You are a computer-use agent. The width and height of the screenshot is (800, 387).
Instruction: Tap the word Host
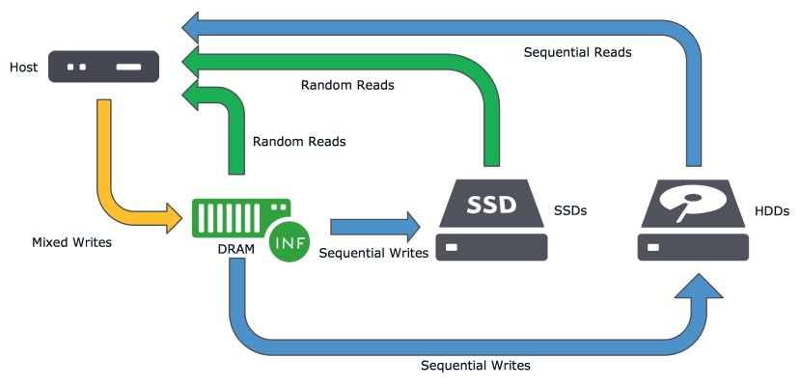[24, 69]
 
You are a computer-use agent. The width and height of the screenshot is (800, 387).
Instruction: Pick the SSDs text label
[570, 208]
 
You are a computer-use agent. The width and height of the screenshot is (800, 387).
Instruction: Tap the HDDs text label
[773, 208]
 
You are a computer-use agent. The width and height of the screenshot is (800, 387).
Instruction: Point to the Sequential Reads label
[577, 52]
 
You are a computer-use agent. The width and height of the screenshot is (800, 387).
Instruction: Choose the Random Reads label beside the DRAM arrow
[299, 141]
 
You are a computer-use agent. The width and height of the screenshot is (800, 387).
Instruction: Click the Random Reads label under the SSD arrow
[347, 85]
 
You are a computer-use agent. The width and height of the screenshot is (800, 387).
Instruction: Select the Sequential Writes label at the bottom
[476, 366]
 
